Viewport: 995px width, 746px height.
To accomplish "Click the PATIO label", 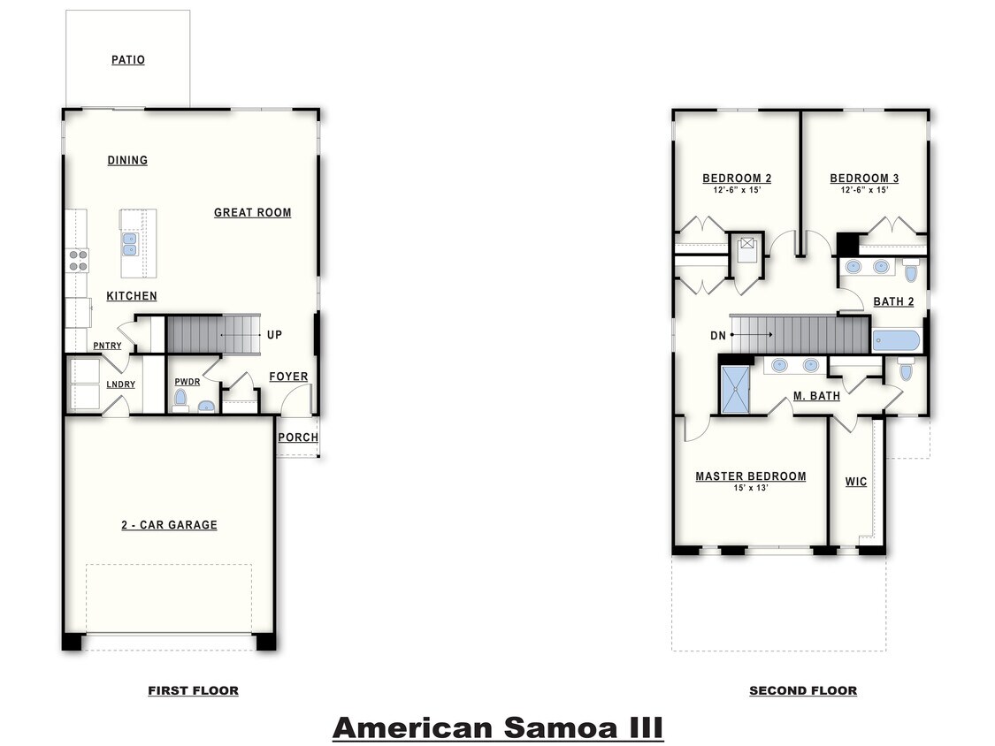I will coord(128,60).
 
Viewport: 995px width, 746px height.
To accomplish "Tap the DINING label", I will coord(127,160).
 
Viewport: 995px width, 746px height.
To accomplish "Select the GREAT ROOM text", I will coord(252,212).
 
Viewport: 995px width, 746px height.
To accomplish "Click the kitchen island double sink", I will coord(129,243).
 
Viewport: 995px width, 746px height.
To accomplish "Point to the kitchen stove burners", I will coord(78,259).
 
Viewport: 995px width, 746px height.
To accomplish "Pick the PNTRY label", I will coord(107,346).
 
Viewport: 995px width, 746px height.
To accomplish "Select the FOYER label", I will coord(288,377).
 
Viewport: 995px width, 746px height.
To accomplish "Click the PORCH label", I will coord(298,438).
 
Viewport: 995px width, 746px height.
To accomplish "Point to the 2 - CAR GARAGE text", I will coord(169,525).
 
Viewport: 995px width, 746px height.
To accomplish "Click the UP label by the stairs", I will coord(274,335).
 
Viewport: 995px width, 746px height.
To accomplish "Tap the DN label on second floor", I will coord(718,336).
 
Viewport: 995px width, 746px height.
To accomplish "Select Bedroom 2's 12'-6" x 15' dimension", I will coord(737,190).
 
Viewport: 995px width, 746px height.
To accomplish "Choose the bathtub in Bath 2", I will coord(895,341).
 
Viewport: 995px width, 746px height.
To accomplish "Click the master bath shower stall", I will coord(735,390).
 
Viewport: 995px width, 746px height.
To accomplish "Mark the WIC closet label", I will coord(855,482).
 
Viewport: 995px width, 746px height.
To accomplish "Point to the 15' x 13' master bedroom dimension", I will coord(750,488).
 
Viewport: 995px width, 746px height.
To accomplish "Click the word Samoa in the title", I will coord(559,727).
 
